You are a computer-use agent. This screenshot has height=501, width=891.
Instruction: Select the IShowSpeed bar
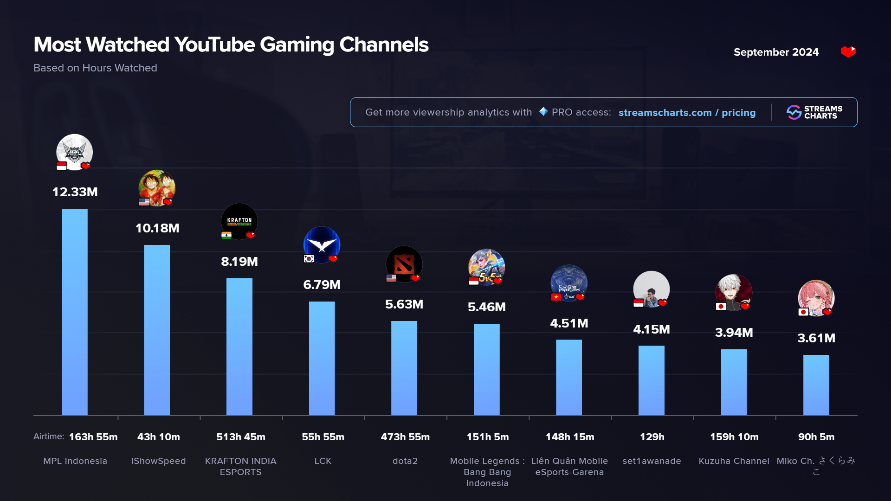point(157,330)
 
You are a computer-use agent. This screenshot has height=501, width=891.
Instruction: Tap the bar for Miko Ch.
point(816,385)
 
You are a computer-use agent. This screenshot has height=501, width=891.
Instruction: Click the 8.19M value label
point(239,262)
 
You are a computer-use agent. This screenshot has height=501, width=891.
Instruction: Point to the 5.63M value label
point(404,304)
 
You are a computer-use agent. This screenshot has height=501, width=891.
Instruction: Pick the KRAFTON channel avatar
point(239,221)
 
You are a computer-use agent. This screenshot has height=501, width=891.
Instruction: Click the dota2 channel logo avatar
point(404,264)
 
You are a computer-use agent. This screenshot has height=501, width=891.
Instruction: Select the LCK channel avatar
point(322,244)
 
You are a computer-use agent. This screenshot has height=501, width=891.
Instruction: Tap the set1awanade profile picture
point(652,289)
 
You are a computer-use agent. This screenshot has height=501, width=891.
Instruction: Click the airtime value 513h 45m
point(241,437)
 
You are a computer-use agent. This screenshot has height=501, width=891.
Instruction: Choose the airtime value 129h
point(652,437)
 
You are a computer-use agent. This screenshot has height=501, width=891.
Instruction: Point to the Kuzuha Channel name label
point(734,461)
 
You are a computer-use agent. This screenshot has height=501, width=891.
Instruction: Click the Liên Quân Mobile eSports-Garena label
point(569,467)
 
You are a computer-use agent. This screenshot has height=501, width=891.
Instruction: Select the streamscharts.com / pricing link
point(687,113)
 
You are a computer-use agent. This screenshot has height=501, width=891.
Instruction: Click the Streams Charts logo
point(814,112)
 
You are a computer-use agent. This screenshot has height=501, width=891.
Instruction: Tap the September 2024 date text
point(776,52)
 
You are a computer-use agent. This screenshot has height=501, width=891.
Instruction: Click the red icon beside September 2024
point(848,52)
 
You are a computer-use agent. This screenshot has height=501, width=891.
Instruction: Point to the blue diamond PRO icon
point(543,112)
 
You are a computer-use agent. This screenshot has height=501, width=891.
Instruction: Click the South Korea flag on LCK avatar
point(309,259)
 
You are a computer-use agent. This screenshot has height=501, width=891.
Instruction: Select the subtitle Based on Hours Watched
point(95,68)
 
